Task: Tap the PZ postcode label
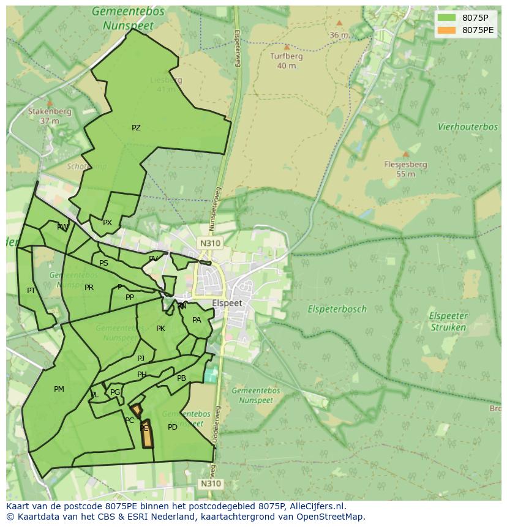pyautogui.click(x=136, y=128)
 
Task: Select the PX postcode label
pyautogui.click(x=107, y=223)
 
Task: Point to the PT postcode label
pyautogui.click(x=31, y=291)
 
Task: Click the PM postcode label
pyautogui.click(x=59, y=389)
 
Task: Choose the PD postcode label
pyautogui.click(x=173, y=427)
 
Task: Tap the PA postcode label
pyautogui.click(x=197, y=320)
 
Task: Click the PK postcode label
pyautogui.click(x=160, y=329)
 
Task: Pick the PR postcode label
pyautogui.click(x=89, y=288)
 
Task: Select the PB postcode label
pyautogui.click(x=181, y=378)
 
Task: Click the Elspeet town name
pyautogui.click(x=227, y=303)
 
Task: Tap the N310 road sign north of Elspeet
pyautogui.click(x=209, y=243)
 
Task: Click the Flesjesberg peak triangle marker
pyautogui.click(x=405, y=154)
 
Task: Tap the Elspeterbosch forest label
pyautogui.click(x=337, y=309)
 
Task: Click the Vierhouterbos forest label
pyautogui.click(x=467, y=127)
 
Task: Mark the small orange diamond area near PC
pyautogui.click(x=137, y=409)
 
